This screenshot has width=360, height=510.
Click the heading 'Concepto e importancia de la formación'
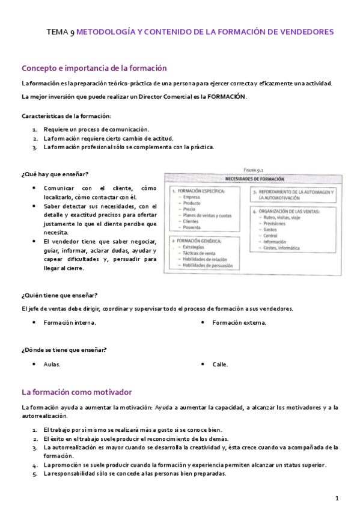94,69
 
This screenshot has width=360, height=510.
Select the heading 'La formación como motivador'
76,392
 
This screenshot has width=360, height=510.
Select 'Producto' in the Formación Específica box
192,203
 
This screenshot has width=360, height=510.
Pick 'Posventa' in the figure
192,227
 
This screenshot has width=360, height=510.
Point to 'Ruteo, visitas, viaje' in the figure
283,217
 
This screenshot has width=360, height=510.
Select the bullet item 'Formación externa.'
239,322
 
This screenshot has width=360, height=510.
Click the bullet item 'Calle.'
220,364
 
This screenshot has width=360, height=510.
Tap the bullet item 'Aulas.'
52,364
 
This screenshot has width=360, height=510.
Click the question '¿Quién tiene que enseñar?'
59,295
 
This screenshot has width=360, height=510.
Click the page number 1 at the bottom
337,498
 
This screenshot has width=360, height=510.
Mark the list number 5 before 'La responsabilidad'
34,473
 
